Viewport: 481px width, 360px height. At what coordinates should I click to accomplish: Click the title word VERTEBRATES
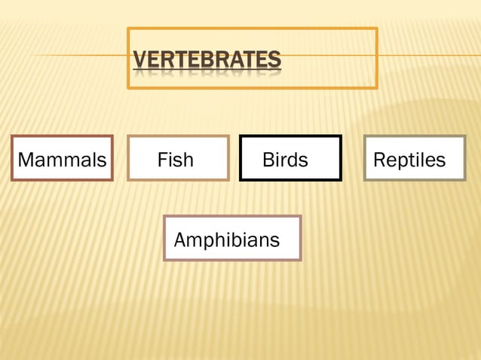[207, 59]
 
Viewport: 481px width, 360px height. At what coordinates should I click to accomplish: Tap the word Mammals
[62, 160]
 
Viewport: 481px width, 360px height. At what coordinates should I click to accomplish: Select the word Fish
[175, 160]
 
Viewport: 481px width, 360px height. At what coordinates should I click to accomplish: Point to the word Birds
[285, 160]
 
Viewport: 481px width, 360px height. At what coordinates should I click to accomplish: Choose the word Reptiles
[409, 160]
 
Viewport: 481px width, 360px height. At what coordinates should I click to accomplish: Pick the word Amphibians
[226, 241]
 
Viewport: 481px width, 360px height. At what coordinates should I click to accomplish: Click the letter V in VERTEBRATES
[139, 59]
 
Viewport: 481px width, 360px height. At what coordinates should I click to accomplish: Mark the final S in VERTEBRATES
[274, 59]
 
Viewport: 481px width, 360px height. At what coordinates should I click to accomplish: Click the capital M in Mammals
[24, 160]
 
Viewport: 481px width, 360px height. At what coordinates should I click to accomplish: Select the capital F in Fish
[161, 160]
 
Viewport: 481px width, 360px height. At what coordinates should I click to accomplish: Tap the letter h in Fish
[188, 160]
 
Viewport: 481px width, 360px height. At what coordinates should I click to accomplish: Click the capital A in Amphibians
[180, 241]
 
